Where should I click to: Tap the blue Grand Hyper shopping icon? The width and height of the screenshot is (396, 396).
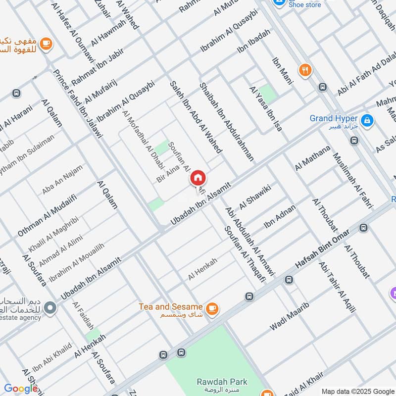point(367,120)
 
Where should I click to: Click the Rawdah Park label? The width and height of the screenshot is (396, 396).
point(215,382)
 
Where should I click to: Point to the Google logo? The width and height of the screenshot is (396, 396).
point(20,389)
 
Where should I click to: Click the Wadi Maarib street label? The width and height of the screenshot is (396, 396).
point(290,316)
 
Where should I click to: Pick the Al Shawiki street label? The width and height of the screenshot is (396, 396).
point(256,199)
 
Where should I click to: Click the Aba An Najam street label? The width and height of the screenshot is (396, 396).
point(62,180)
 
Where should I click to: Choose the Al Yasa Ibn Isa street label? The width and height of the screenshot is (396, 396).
point(266,108)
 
